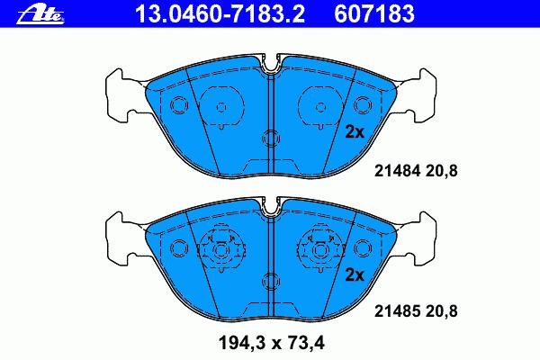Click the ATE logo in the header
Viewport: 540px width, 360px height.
[x=40, y=14]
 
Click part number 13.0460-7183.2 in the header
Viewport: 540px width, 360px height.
[x=220, y=13]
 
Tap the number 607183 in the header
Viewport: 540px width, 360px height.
[x=374, y=13]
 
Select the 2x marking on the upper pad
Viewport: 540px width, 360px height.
[x=355, y=131]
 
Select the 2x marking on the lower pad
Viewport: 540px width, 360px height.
[x=355, y=274]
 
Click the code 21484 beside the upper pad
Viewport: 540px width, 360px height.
[x=398, y=170]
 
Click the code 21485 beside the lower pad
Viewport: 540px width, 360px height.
[x=398, y=311]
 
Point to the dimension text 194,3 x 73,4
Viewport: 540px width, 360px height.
[x=272, y=343]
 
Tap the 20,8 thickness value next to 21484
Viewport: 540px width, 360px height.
[x=442, y=171]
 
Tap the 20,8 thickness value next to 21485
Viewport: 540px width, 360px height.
[x=442, y=311]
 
